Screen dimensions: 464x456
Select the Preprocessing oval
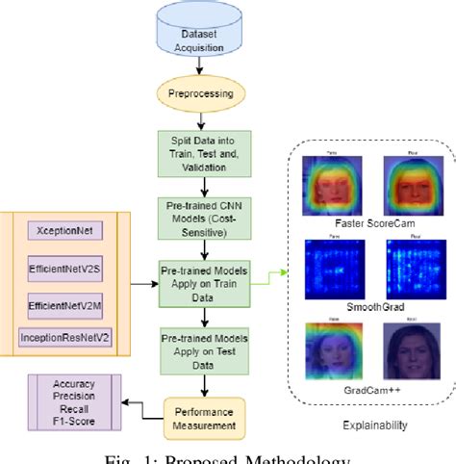(199, 93)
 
